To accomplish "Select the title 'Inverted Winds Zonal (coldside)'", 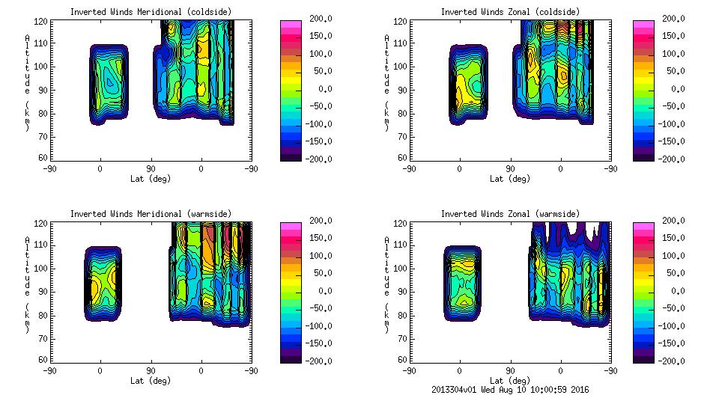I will click(x=509, y=12).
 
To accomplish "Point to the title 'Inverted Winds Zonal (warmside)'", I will click(x=509, y=214).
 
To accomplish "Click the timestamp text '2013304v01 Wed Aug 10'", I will click(x=487, y=390).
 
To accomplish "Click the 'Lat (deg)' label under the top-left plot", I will click(x=150, y=179).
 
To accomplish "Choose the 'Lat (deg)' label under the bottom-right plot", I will click(x=509, y=381).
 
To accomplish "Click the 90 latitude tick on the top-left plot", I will click(x=150, y=169).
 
